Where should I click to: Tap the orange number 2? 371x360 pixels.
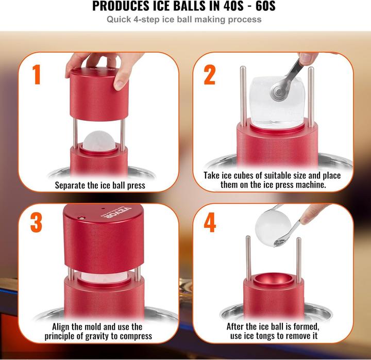point(209,75)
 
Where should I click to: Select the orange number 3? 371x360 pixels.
point(37,223)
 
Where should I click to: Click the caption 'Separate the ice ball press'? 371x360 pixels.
point(99,185)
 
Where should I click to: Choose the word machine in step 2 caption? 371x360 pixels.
point(308,185)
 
